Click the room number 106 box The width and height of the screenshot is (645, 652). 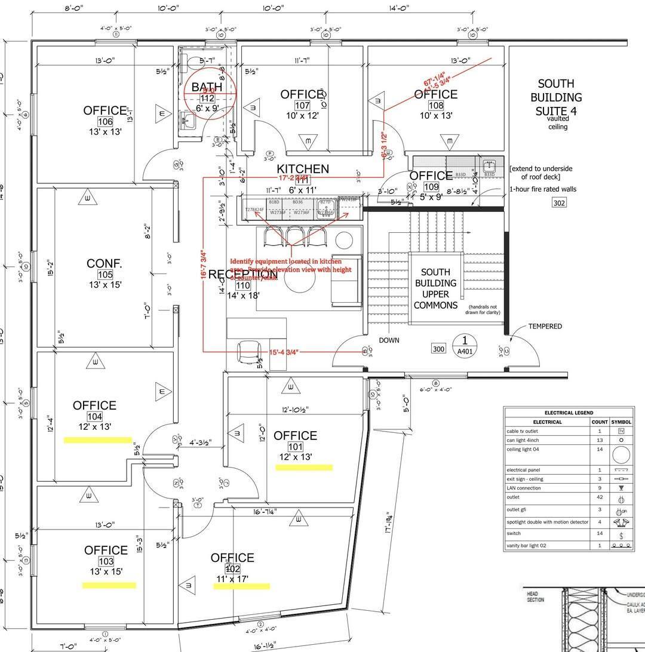[x=105, y=121]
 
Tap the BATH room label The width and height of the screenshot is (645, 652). [x=207, y=87]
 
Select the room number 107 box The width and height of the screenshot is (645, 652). [x=302, y=105]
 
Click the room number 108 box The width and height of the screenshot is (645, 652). [x=436, y=105]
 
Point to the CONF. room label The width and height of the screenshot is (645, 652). [x=105, y=263]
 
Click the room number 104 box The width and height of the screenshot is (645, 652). [x=94, y=416]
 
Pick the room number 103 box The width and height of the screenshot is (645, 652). [x=106, y=561]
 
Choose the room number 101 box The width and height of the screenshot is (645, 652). [x=295, y=447]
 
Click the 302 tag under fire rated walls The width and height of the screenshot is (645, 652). [x=558, y=202]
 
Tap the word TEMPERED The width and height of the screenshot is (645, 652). [x=545, y=326]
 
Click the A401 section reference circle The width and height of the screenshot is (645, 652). [x=465, y=345]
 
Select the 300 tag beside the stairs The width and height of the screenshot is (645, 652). [x=439, y=348]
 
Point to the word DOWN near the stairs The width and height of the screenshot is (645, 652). [x=389, y=340]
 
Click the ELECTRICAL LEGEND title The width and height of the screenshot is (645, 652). [x=569, y=413]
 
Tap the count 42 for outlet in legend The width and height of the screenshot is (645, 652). [x=599, y=497]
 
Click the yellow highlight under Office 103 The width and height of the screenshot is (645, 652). [x=109, y=585]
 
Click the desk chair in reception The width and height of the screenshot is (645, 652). [x=248, y=352]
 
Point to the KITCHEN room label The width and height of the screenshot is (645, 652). [x=303, y=169]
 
